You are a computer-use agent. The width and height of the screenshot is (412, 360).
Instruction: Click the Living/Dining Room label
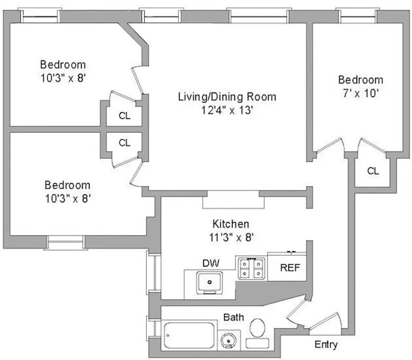pos(227,96)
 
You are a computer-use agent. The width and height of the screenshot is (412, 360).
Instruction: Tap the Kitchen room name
pos(231,224)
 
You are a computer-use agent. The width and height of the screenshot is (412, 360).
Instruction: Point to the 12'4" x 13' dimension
pos(227,110)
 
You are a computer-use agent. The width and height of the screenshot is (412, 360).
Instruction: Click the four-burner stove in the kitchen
pos(252,268)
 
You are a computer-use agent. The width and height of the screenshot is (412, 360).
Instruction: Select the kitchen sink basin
pos(210,282)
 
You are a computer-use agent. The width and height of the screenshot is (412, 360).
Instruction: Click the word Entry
pos(326,345)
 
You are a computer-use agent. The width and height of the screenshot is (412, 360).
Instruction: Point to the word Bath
pos(234,317)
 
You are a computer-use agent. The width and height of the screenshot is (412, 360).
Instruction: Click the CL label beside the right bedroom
pos(373,171)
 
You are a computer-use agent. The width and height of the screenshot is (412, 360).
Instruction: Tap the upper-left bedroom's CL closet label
pos(125,116)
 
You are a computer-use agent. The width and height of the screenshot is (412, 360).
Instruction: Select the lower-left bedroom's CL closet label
pos(125,143)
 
